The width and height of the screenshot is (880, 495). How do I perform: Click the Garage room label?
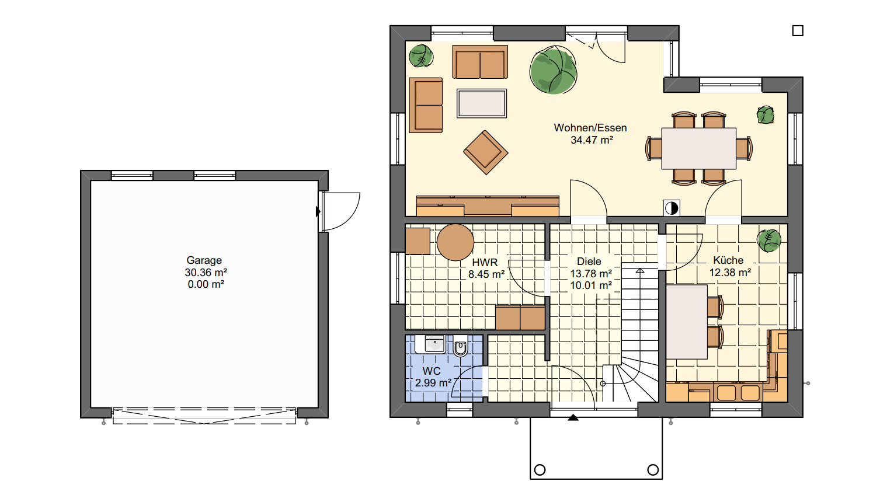click(x=204, y=260)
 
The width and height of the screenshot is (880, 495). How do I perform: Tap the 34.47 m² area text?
click(x=592, y=140)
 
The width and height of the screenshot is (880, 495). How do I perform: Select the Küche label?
click(x=728, y=260)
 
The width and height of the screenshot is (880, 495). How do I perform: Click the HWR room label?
click(x=485, y=263)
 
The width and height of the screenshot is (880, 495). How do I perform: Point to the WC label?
click(x=432, y=371)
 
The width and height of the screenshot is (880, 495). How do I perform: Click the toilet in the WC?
click(x=460, y=346)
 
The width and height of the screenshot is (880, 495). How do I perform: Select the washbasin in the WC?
click(x=434, y=344)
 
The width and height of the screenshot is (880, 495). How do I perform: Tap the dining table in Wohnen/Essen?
click(x=698, y=148)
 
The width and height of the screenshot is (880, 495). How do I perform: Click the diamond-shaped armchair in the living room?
click(x=486, y=152)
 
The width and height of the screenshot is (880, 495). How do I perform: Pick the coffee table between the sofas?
click(x=482, y=103)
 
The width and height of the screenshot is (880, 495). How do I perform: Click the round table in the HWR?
click(x=455, y=242)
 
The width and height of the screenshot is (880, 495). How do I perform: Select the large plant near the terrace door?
click(x=553, y=70)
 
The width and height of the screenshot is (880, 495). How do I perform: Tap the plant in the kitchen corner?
click(x=769, y=241)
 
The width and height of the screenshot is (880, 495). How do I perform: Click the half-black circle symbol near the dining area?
click(x=672, y=208)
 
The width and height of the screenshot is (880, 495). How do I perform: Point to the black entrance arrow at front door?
click(x=573, y=417)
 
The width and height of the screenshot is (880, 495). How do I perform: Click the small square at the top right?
click(x=798, y=30)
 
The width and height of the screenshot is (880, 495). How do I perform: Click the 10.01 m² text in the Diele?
click(x=591, y=285)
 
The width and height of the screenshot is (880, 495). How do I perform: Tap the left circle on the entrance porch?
click(x=540, y=469)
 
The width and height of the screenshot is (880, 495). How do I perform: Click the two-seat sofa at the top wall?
click(x=480, y=62)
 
